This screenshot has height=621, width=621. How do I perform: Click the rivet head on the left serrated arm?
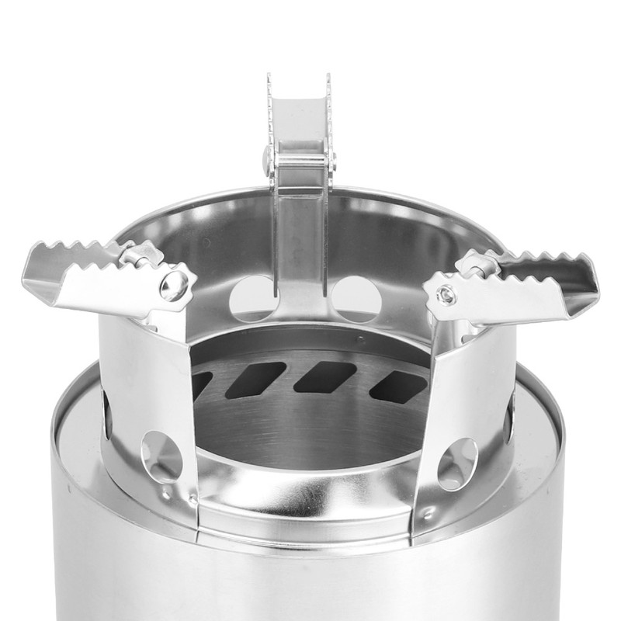tap(174, 284)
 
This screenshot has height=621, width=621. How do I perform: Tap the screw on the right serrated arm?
tap(446, 294)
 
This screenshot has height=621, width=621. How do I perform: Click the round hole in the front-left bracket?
tap(161, 456)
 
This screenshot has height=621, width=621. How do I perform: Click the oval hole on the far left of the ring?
tap(106, 412)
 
